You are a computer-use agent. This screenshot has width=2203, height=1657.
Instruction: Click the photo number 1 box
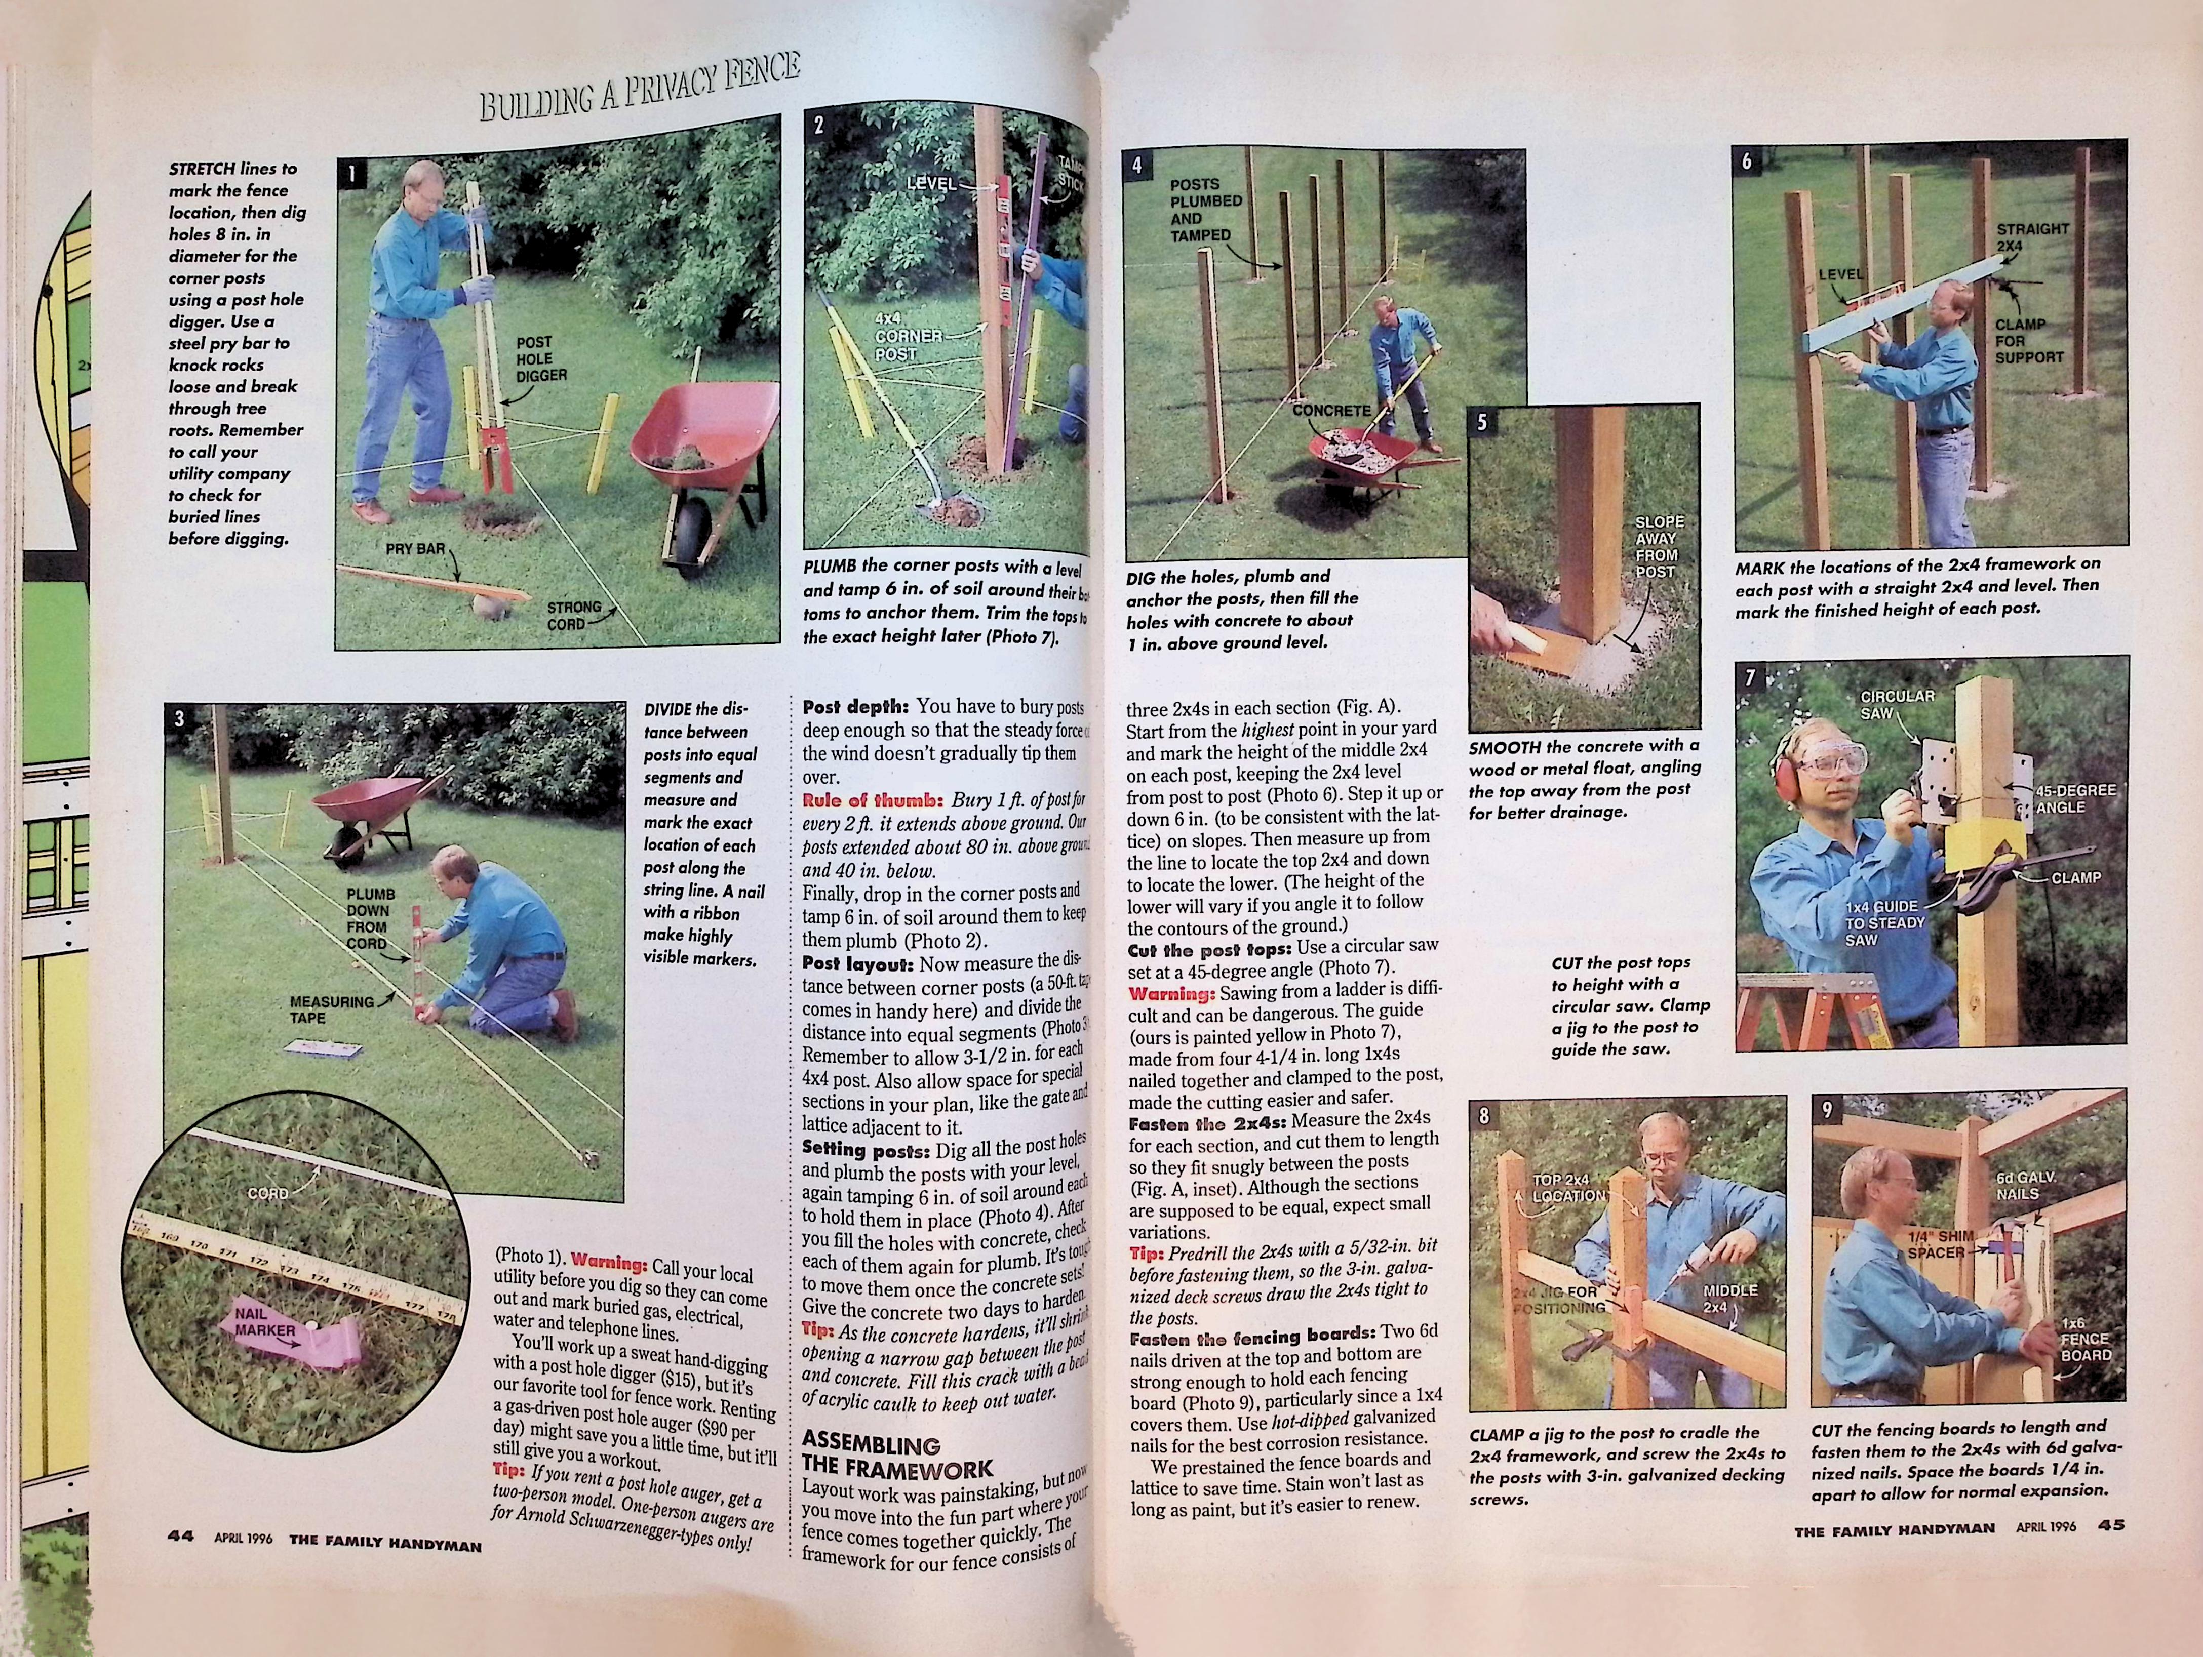pos(351,173)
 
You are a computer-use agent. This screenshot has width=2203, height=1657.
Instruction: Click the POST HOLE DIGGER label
pos(541,359)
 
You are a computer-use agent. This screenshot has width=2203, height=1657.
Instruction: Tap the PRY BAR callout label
pos(414,549)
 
